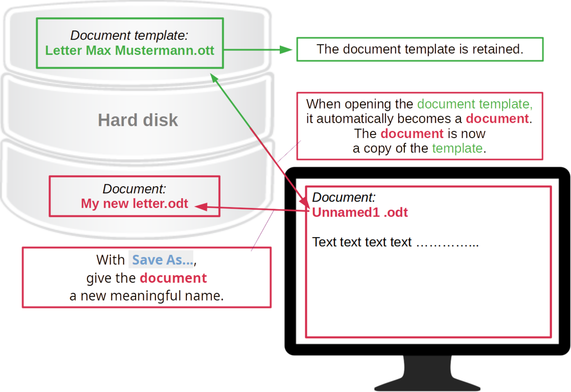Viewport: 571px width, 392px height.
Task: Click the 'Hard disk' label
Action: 138,120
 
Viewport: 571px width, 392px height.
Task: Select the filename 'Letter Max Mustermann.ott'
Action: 130,50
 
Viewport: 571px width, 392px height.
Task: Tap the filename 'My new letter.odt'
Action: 135,204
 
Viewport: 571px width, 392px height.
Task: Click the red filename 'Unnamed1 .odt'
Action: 360,212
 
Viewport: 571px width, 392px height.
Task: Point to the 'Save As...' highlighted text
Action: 161,260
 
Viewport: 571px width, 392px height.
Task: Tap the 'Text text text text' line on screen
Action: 362,242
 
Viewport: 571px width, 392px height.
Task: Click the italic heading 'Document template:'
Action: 129,35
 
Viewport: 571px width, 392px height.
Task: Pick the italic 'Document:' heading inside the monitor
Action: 344,197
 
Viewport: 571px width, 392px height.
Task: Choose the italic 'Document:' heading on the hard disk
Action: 134,189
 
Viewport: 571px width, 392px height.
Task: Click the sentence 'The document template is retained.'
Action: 420,49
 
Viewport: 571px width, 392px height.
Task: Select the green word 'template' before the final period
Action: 457,148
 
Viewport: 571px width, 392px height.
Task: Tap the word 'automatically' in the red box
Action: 353,119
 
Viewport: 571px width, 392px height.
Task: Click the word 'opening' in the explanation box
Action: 367,104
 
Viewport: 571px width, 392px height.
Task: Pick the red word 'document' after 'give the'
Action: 173,278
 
